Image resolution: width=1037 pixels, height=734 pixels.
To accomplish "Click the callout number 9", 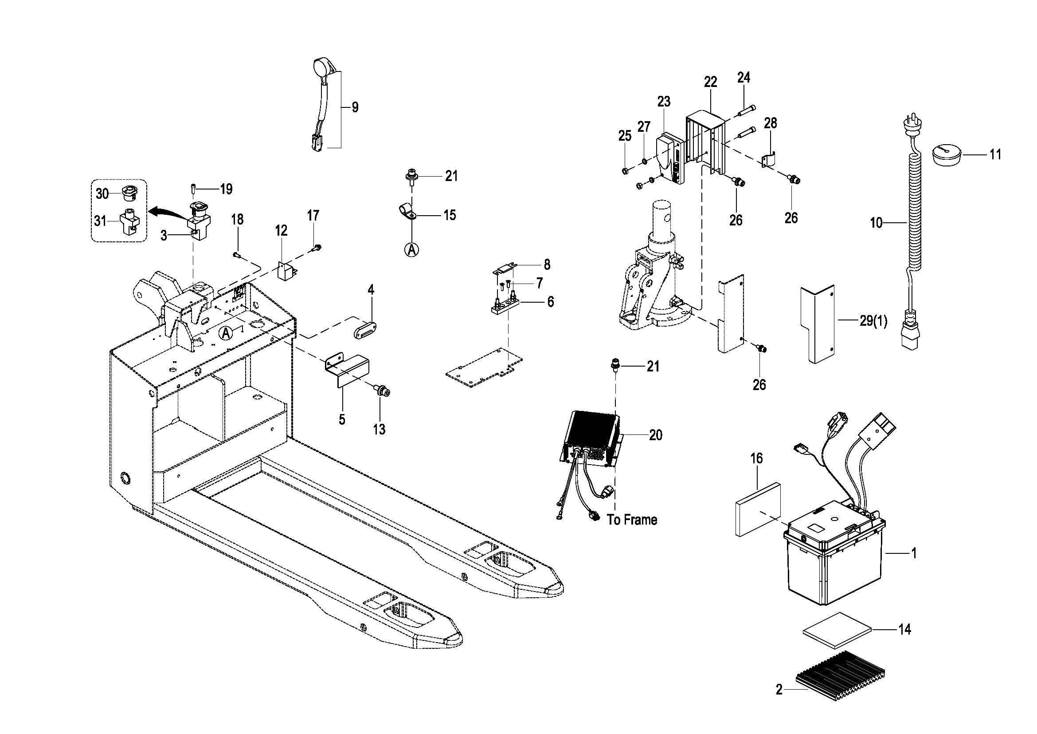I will [355, 107].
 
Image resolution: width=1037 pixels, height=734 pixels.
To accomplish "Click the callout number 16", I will [756, 458].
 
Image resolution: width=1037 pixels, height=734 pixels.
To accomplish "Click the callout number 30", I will [102, 193].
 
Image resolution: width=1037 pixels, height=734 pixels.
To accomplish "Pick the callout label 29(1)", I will [873, 321].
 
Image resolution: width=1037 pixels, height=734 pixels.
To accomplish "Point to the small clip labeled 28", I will [769, 161].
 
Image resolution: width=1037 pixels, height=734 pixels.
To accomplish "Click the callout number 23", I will [664, 102].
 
